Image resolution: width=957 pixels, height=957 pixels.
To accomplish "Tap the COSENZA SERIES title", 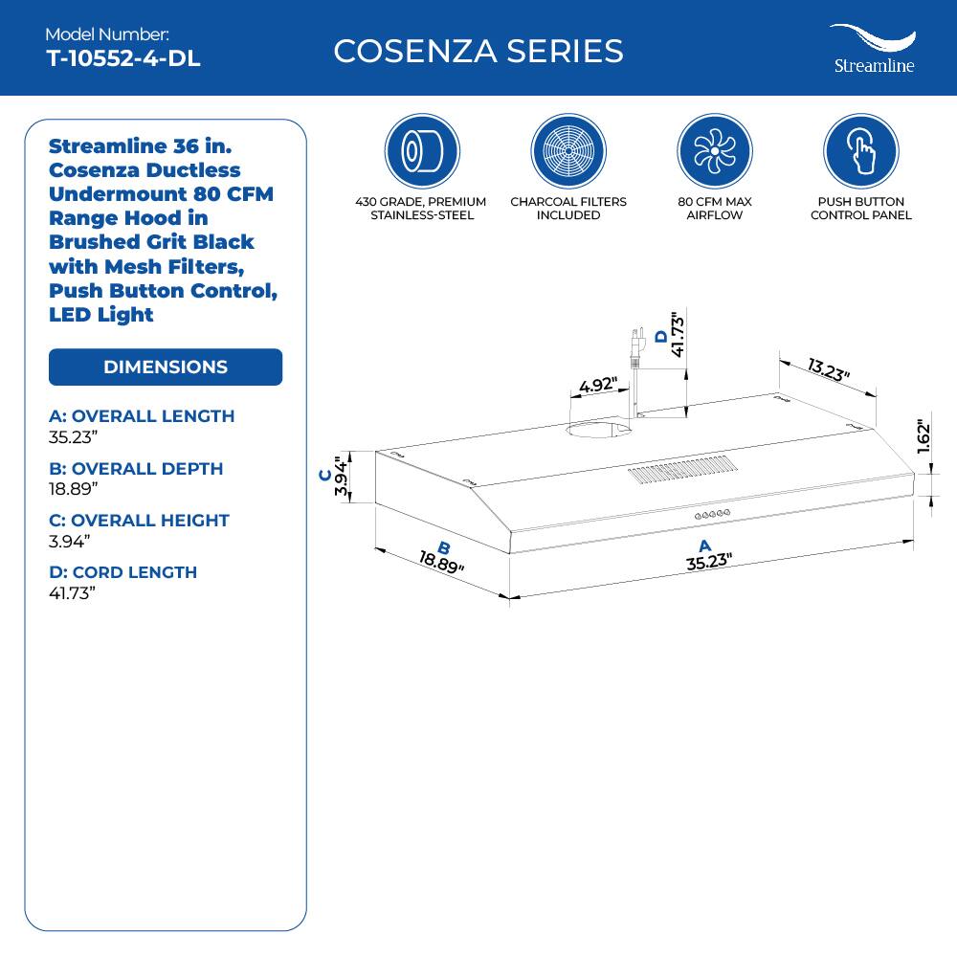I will (478, 51).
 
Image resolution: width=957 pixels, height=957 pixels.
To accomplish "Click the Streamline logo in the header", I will (873, 50).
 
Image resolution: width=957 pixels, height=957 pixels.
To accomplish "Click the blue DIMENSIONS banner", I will (166, 367).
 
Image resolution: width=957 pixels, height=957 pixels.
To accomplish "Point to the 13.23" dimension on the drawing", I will (829, 369).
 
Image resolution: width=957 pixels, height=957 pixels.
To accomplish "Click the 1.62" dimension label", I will (924, 437).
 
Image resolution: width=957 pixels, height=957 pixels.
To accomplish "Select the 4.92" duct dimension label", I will (599, 387).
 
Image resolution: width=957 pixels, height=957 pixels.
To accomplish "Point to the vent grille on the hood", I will (683, 470).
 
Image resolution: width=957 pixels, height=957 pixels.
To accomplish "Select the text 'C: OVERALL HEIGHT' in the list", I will (140, 521).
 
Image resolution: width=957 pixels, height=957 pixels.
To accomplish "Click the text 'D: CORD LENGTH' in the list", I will (122, 572).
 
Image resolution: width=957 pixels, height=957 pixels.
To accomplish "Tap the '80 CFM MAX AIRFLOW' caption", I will (714, 209).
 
